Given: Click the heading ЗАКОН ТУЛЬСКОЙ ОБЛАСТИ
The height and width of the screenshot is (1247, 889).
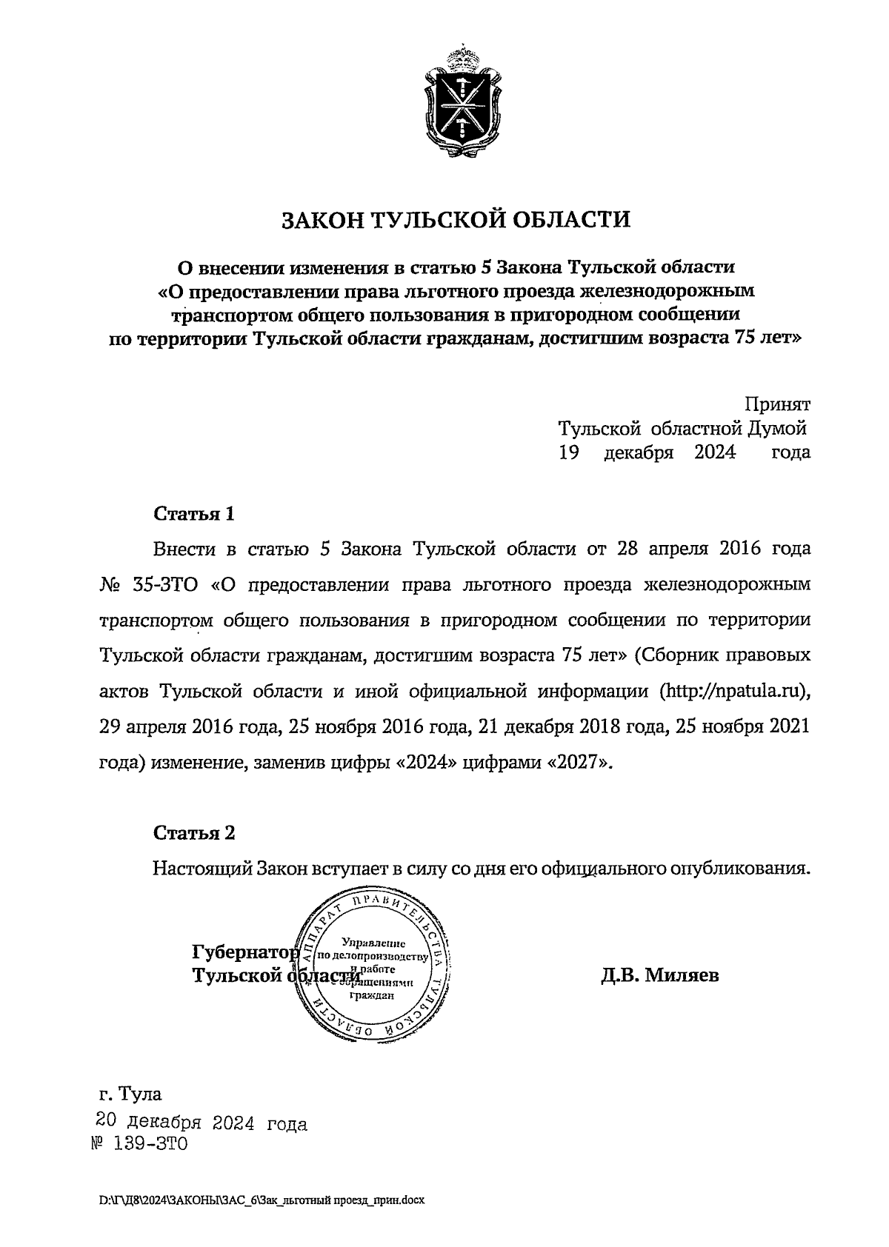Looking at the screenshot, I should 455,220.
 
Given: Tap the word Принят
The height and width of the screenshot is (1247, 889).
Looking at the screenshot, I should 777,405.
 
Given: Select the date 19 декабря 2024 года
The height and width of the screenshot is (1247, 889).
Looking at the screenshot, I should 685,452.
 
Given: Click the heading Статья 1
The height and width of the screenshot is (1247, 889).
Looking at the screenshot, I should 194,514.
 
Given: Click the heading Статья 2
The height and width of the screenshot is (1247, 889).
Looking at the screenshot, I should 194,833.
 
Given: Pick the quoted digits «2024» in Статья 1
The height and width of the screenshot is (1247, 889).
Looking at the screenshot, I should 422,763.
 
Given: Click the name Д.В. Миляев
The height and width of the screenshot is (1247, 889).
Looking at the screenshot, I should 659,975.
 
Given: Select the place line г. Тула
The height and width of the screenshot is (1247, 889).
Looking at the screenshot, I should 130,1094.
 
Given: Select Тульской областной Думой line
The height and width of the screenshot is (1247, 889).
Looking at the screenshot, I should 682,429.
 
